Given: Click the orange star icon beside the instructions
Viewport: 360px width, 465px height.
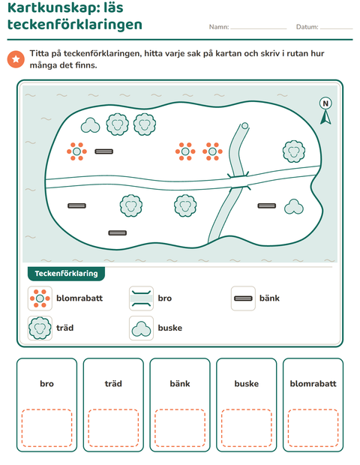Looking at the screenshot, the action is click(16, 59).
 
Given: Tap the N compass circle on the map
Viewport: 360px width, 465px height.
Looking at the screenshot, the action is click(325, 103).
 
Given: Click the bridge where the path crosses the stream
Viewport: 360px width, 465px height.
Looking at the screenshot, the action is click(239, 181).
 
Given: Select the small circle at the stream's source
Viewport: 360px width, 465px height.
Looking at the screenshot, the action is click(244, 126).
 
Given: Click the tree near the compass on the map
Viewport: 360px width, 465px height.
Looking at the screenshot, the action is click(293, 151).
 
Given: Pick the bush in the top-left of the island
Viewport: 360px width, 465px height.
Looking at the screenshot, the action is click(90, 125).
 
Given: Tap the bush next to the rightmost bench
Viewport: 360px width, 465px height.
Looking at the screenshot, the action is click(293, 207).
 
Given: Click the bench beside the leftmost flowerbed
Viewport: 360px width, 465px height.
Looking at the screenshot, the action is click(103, 151).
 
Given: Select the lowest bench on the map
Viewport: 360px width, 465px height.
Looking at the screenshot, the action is click(118, 232).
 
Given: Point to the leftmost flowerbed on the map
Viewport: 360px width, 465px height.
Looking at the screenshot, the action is click(76, 151).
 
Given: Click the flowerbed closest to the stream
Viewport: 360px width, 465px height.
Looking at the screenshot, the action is click(212, 151).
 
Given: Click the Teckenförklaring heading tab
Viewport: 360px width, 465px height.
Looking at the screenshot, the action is click(66, 274).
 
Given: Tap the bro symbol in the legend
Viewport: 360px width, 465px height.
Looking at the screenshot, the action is click(142, 298).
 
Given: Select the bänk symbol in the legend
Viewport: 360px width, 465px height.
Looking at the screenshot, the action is click(243, 298).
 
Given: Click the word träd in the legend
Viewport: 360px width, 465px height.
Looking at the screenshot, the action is click(65, 328).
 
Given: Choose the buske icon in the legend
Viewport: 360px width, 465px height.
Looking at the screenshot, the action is click(142, 328).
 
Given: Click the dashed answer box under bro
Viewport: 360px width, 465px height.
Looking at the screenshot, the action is click(46, 428).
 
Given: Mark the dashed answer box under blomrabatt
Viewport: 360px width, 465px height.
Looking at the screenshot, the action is click(313, 428).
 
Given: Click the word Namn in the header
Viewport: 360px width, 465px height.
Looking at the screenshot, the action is click(219, 27).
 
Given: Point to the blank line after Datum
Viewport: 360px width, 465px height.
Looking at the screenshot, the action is click(336, 28).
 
